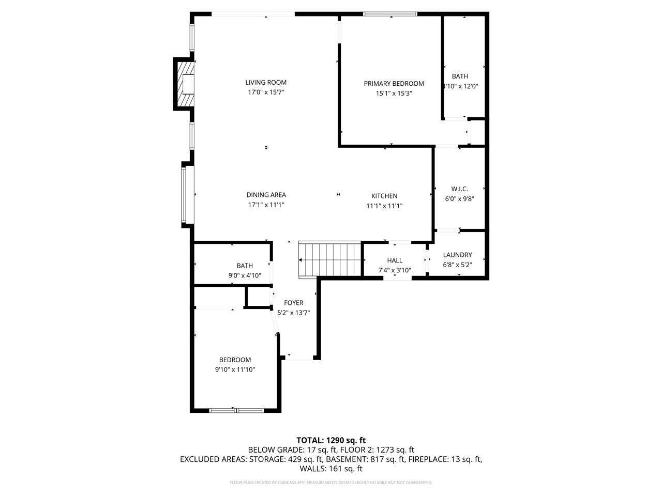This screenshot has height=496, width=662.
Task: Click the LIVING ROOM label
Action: (x=266, y=82)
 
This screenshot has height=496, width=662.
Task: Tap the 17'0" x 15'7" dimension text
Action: (x=266, y=92)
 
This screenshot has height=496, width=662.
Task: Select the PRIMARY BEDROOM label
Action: (x=394, y=83)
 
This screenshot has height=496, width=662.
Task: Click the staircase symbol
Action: (x=329, y=260)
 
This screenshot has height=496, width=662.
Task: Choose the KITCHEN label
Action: (x=384, y=196)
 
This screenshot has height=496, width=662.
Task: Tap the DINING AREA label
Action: (x=266, y=195)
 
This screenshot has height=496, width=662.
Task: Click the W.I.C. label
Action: (x=459, y=189)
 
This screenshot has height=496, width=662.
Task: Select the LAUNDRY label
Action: (x=457, y=255)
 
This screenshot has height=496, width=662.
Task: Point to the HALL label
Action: (x=395, y=260)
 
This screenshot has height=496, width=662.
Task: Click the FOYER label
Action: (x=293, y=303)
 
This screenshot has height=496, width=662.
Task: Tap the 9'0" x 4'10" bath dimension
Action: (x=245, y=276)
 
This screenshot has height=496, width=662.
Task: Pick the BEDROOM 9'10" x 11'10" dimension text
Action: (x=235, y=369)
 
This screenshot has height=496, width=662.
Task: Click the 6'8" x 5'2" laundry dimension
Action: (x=457, y=265)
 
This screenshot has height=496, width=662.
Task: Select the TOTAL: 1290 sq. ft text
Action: (x=331, y=440)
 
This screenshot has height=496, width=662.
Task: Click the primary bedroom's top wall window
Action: (x=390, y=14)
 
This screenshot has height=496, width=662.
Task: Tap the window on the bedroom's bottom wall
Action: (x=236, y=411)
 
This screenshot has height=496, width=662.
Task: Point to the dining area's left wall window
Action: (x=184, y=193)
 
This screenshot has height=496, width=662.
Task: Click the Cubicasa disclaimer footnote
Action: (x=331, y=483)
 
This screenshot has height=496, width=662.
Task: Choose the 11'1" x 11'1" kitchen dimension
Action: (x=384, y=206)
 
